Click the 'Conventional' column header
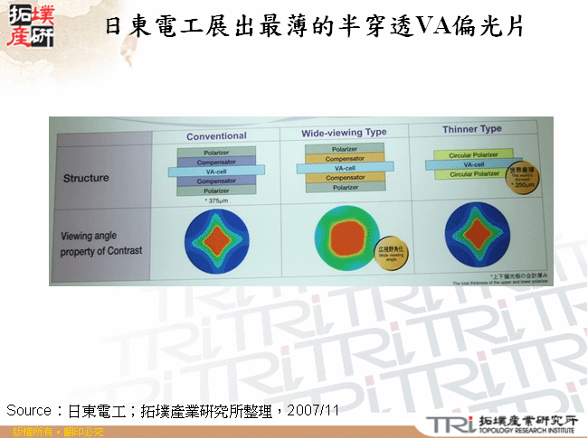pyautogui.click(x=216, y=136)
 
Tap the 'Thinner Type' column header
pyautogui.click(x=471, y=129)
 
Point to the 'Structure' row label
pyautogui.click(x=86, y=178)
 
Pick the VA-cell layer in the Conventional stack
pyautogui.click(x=216, y=170)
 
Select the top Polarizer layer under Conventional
pyautogui.click(x=216, y=151)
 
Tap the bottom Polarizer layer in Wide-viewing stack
pyautogui.click(x=345, y=187)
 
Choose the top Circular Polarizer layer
pyautogui.click(x=473, y=154)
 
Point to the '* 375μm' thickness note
pyautogui.click(x=217, y=200)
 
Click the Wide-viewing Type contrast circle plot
pyautogui.click(x=345, y=239)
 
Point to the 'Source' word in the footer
pyautogui.click(x=28, y=410)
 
